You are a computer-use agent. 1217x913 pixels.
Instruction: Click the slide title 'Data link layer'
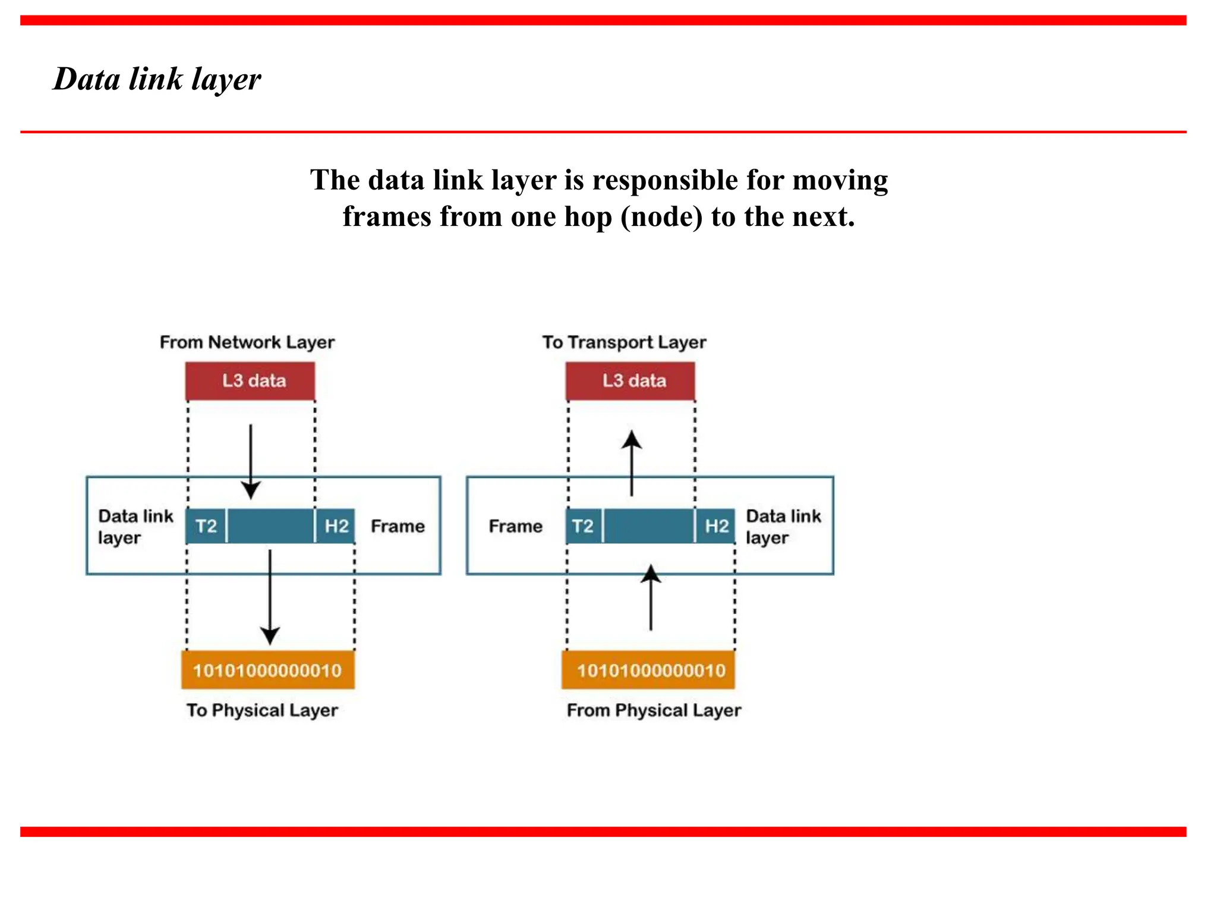[157, 79]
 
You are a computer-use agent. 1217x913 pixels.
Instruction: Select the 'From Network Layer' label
[247, 342]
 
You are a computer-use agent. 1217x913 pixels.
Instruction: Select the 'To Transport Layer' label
[624, 342]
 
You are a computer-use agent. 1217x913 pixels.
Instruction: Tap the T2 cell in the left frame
[206, 526]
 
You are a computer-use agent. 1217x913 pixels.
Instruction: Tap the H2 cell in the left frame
[336, 526]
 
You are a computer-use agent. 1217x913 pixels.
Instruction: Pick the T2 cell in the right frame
[583, 526]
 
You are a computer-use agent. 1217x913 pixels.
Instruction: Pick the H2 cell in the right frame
[716, 526]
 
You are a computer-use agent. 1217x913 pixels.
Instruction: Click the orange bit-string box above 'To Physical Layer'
[268, 670]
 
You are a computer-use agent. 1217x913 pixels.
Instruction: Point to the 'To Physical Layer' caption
[262, 710]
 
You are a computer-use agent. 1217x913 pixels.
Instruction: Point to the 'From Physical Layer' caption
[654, 710]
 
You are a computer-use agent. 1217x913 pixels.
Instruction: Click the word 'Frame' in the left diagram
[398, 526]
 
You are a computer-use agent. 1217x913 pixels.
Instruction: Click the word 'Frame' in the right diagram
[515, 526]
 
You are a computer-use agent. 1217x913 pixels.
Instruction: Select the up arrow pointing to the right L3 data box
[632, 463]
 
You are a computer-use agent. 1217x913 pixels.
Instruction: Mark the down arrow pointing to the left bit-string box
[270, 597]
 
